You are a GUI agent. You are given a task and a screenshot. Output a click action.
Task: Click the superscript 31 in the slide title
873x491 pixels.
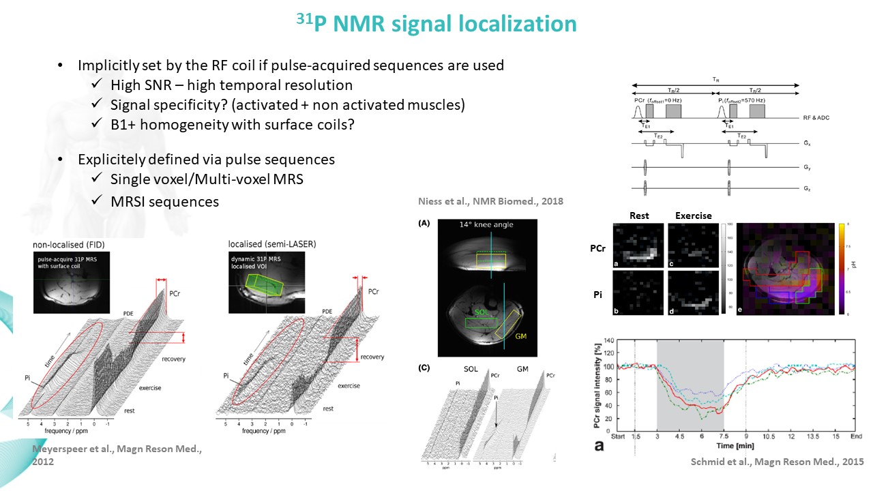[x=305, y=18]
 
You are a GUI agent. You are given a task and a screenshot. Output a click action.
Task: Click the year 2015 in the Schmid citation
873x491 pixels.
[x=852, y=462]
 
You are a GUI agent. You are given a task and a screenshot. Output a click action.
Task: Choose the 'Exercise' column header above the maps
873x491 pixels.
[x=693, y=215]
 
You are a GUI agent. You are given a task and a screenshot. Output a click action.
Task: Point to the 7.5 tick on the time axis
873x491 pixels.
[x=723, y=436]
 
